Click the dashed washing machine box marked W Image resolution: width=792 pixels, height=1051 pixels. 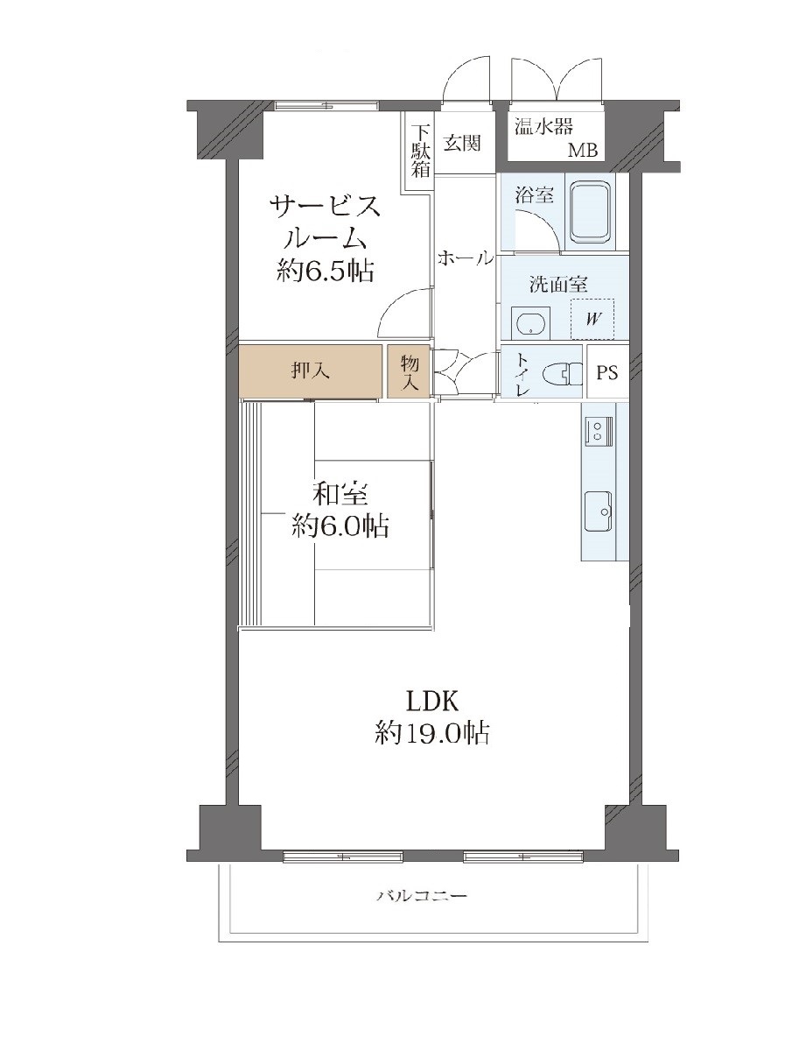pyautogui.click(x=592, y=319)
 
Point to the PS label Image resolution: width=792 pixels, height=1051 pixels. pyautogui.click(x=607, y=371)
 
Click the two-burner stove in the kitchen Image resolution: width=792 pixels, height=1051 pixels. pyautogui.click(x=598, y=430)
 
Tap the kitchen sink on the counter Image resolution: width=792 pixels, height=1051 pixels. pyautogui.click(x=598, y=511)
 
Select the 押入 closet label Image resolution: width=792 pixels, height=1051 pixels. pyautogui.click(x=311, y=371)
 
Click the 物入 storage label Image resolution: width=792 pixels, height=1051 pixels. pyautogui.click(x=410, y=373)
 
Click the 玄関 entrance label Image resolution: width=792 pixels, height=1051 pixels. pyautogui.click(x=461, y=143)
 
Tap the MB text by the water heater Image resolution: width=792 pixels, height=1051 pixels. pyautogui.click(x=583, y=151)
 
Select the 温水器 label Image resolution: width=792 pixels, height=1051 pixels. pyautogui.click(x=543, y=127)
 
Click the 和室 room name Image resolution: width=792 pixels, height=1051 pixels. pyautogui.click(x=340, y=495)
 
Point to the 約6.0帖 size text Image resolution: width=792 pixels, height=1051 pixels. pyautogui.click(x=340, y=526)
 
